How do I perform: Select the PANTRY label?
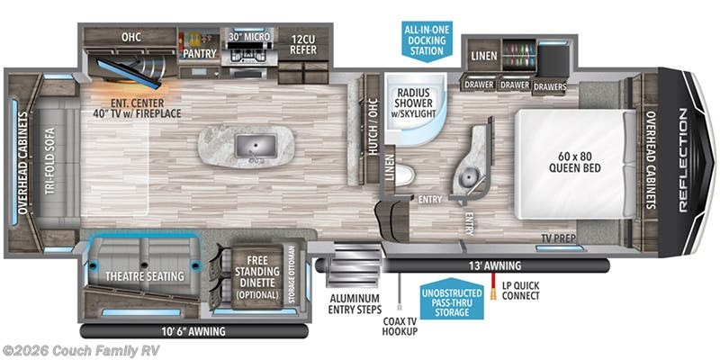198,53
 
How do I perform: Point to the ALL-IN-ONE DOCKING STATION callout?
421,40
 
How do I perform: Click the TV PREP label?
558,238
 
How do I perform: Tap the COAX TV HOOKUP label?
399,327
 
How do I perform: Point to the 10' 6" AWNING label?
195,330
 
